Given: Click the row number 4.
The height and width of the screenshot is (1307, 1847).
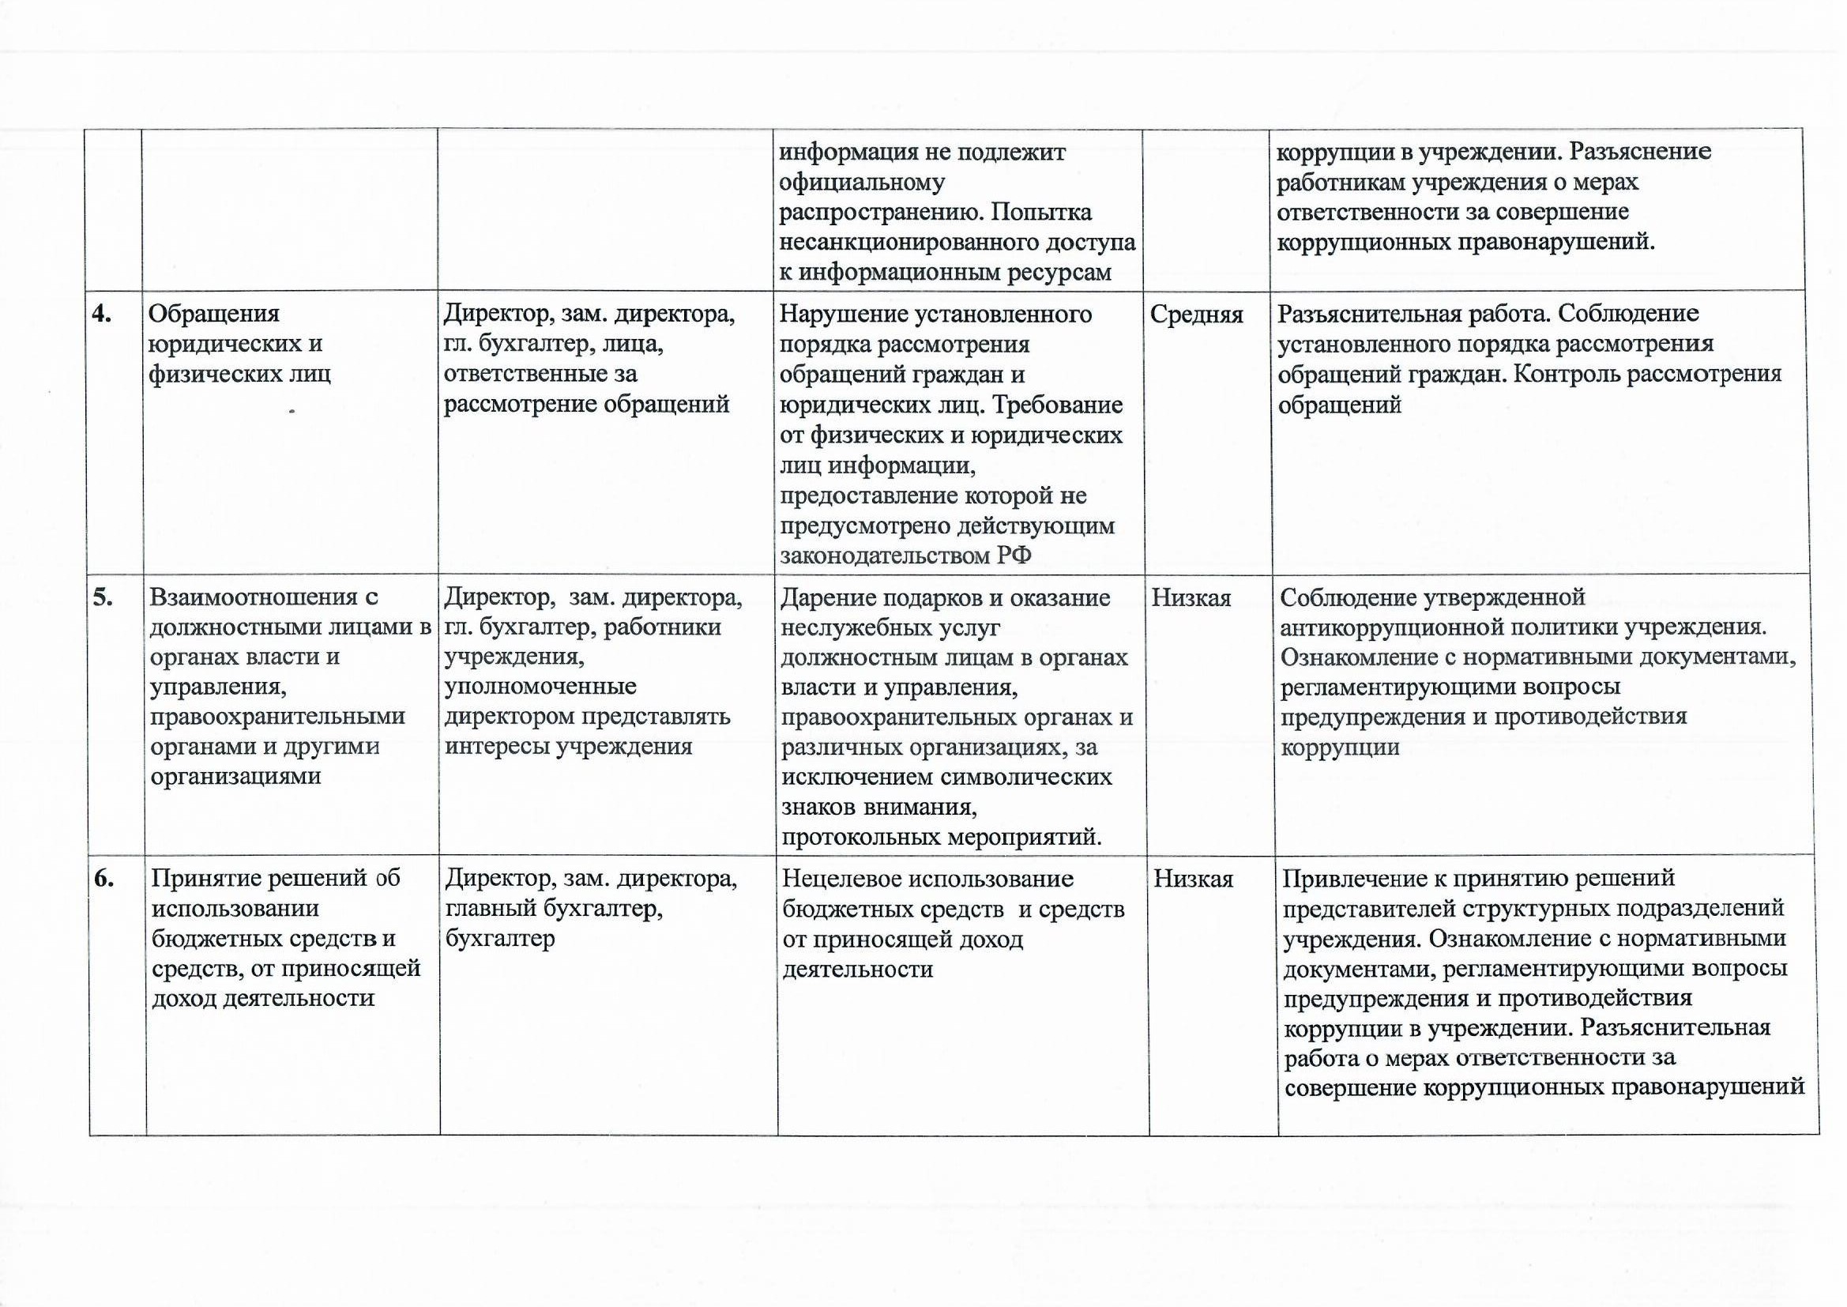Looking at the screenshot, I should pos(102,315).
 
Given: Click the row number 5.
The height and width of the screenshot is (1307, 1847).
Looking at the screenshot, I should pos(103,597).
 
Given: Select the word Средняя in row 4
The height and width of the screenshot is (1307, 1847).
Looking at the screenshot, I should pos(1196,315).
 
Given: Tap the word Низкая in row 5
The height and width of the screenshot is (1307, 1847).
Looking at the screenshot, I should pos(1191,598).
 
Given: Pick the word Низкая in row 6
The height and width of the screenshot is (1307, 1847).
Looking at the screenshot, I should pos(1194,879).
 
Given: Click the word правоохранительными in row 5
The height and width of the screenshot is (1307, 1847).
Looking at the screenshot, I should pos(277,716).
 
